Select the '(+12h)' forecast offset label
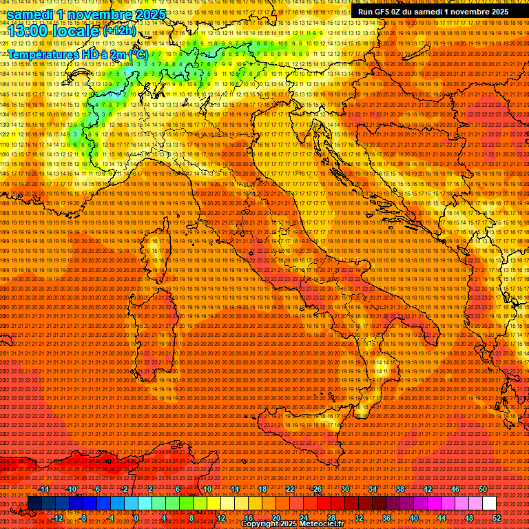click(x=118, y=32)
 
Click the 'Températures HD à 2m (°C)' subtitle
click(x=77, y=54)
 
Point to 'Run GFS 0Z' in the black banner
click(x=381, y=12)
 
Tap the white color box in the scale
click(x=489, y=504)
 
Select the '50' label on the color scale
click(x=483, y=489)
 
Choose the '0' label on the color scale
click(x=137, y=518)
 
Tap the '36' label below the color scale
click(x=386, y=518)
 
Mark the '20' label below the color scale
click(x=276, y=518)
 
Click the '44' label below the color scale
click(x=442, y=518)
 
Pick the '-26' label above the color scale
click(x=316, y=489)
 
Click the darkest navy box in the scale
click(x=34, y=504)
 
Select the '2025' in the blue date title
click(x=149, y=14)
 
